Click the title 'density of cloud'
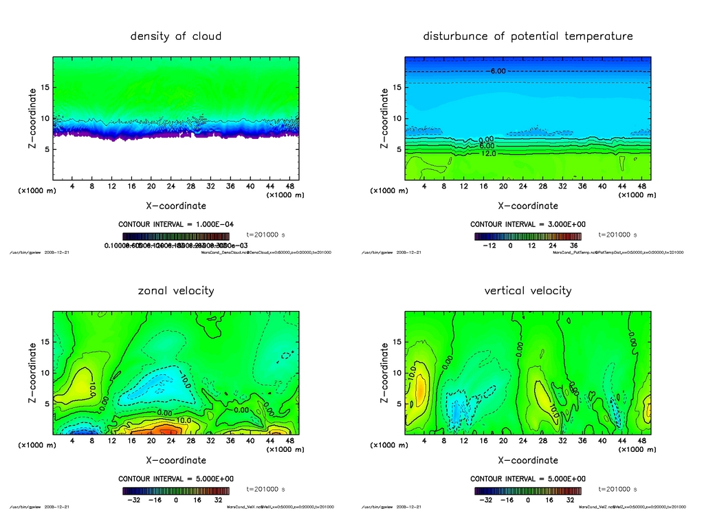click(x=176, y=36)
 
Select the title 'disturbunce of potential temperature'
click(x=527, y=36)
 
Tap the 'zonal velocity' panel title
click(x=176, y=291)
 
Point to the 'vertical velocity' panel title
click(x=527, y=291)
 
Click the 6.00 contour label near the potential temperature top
click(x=498, y=71)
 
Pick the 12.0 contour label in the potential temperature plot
click(x=489, y=153)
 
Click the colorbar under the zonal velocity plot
click(x=176, y=491)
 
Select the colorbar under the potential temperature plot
click(x=527, y=236)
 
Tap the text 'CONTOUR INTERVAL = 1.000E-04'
click(x=176, y=225)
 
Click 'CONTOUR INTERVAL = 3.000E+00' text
click(x=527, y=225)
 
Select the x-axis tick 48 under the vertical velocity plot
click(x=641, y=440)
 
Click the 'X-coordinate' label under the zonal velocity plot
click(x=176, y=460)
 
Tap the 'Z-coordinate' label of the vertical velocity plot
click(x=384, y=372)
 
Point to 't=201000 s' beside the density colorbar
click(x=265, y=235)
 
